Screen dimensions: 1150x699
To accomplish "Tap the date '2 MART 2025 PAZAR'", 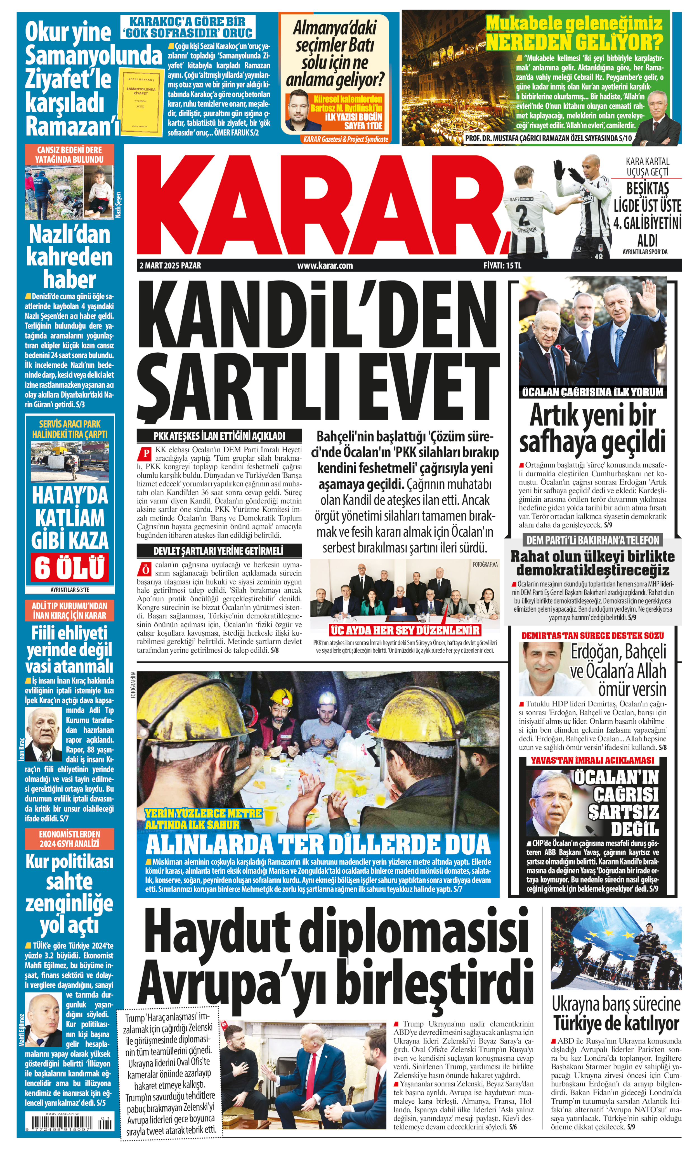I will coord(170,265).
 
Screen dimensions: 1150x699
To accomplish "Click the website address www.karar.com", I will coord(325,265).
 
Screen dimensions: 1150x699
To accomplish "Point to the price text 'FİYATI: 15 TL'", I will coord(502,265).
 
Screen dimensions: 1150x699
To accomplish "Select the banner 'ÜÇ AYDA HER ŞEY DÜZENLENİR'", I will coord(404,630).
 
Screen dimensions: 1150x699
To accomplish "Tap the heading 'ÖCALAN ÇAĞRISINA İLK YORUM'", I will coord(592,392).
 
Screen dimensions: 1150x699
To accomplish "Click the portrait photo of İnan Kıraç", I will coord(43,735).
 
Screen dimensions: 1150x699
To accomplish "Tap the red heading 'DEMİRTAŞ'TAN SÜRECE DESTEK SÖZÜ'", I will coord(592,635).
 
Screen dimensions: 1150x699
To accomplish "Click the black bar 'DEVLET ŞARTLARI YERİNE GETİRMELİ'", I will coord(218,551).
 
